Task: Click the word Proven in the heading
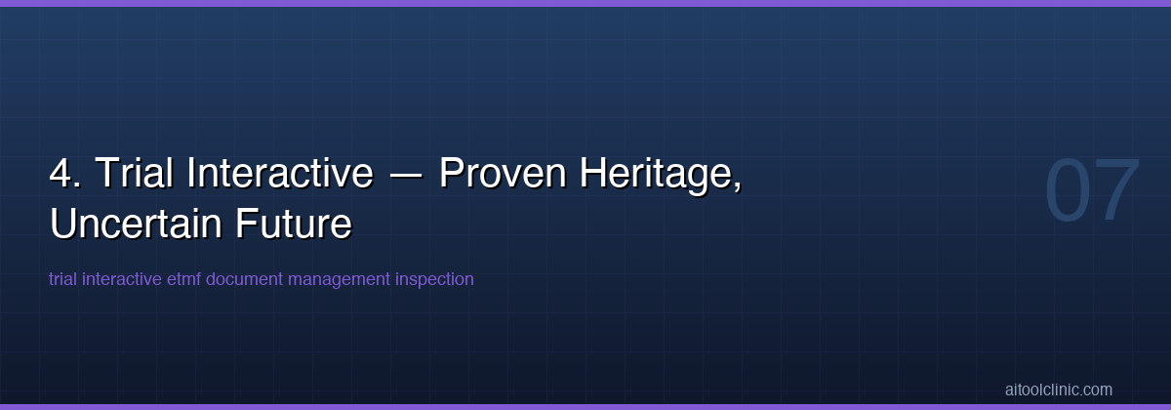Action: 503,174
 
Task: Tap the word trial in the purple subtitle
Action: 63,279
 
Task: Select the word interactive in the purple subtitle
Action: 122,279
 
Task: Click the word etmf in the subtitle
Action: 184,279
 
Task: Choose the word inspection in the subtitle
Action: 434,280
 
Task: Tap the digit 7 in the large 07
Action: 1117,191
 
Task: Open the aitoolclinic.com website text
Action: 1058,389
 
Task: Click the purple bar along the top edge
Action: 585,3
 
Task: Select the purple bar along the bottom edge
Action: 585,406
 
